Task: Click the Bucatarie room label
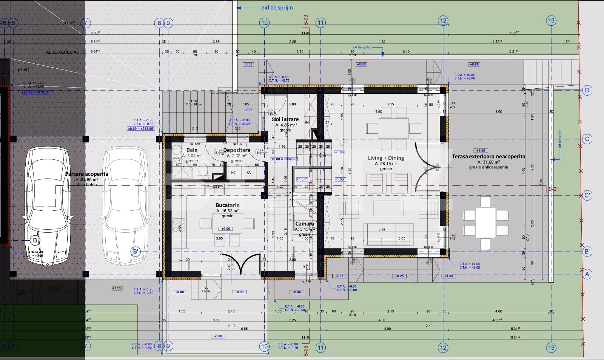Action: click(x=228, y=205)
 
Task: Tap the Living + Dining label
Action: click(x=386, y=158)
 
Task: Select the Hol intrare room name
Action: click(x=285, y=119)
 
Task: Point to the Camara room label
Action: click(x=304, y=224)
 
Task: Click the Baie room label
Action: click(x=192, y=150)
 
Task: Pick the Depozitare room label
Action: click(x=237, y=150)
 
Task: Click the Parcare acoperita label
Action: click(x=87, y=174)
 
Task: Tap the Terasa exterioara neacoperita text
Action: click(x=488, y=156)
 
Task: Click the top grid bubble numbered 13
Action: click(x=551, y=20)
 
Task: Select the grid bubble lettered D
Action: click(x=587, y=90)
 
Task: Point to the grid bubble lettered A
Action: click(x=587, y=274)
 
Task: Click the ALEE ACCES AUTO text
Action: click(x=66, y=52)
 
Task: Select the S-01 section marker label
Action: click(x=553, y=189)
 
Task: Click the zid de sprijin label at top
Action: click(x=277, y=8)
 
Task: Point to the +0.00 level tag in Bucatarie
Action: click(x=225, y=229)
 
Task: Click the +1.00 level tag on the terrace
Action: click(x=481, y=150)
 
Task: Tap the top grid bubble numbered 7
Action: click(x=86, y=23)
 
